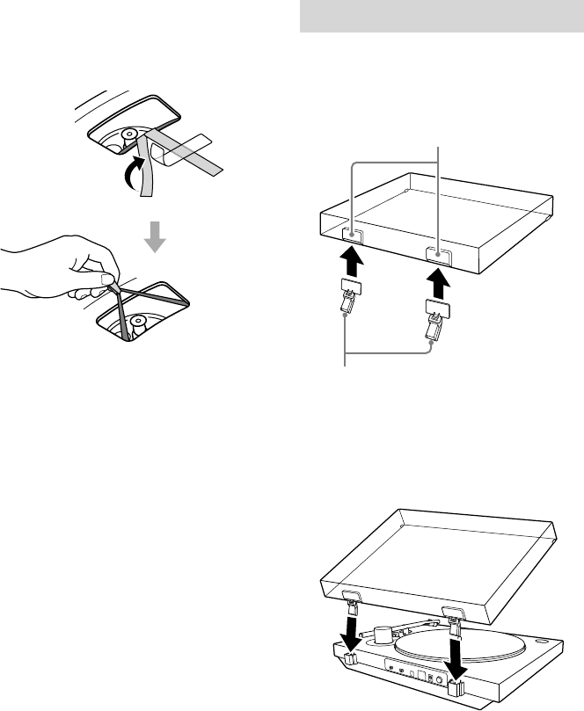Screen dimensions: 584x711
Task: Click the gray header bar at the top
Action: (442, 16)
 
